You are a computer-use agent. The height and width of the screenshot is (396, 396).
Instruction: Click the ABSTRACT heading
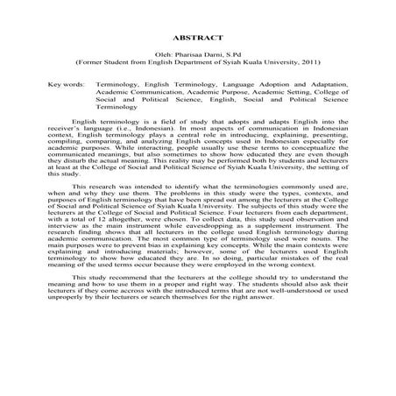[198, 39]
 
